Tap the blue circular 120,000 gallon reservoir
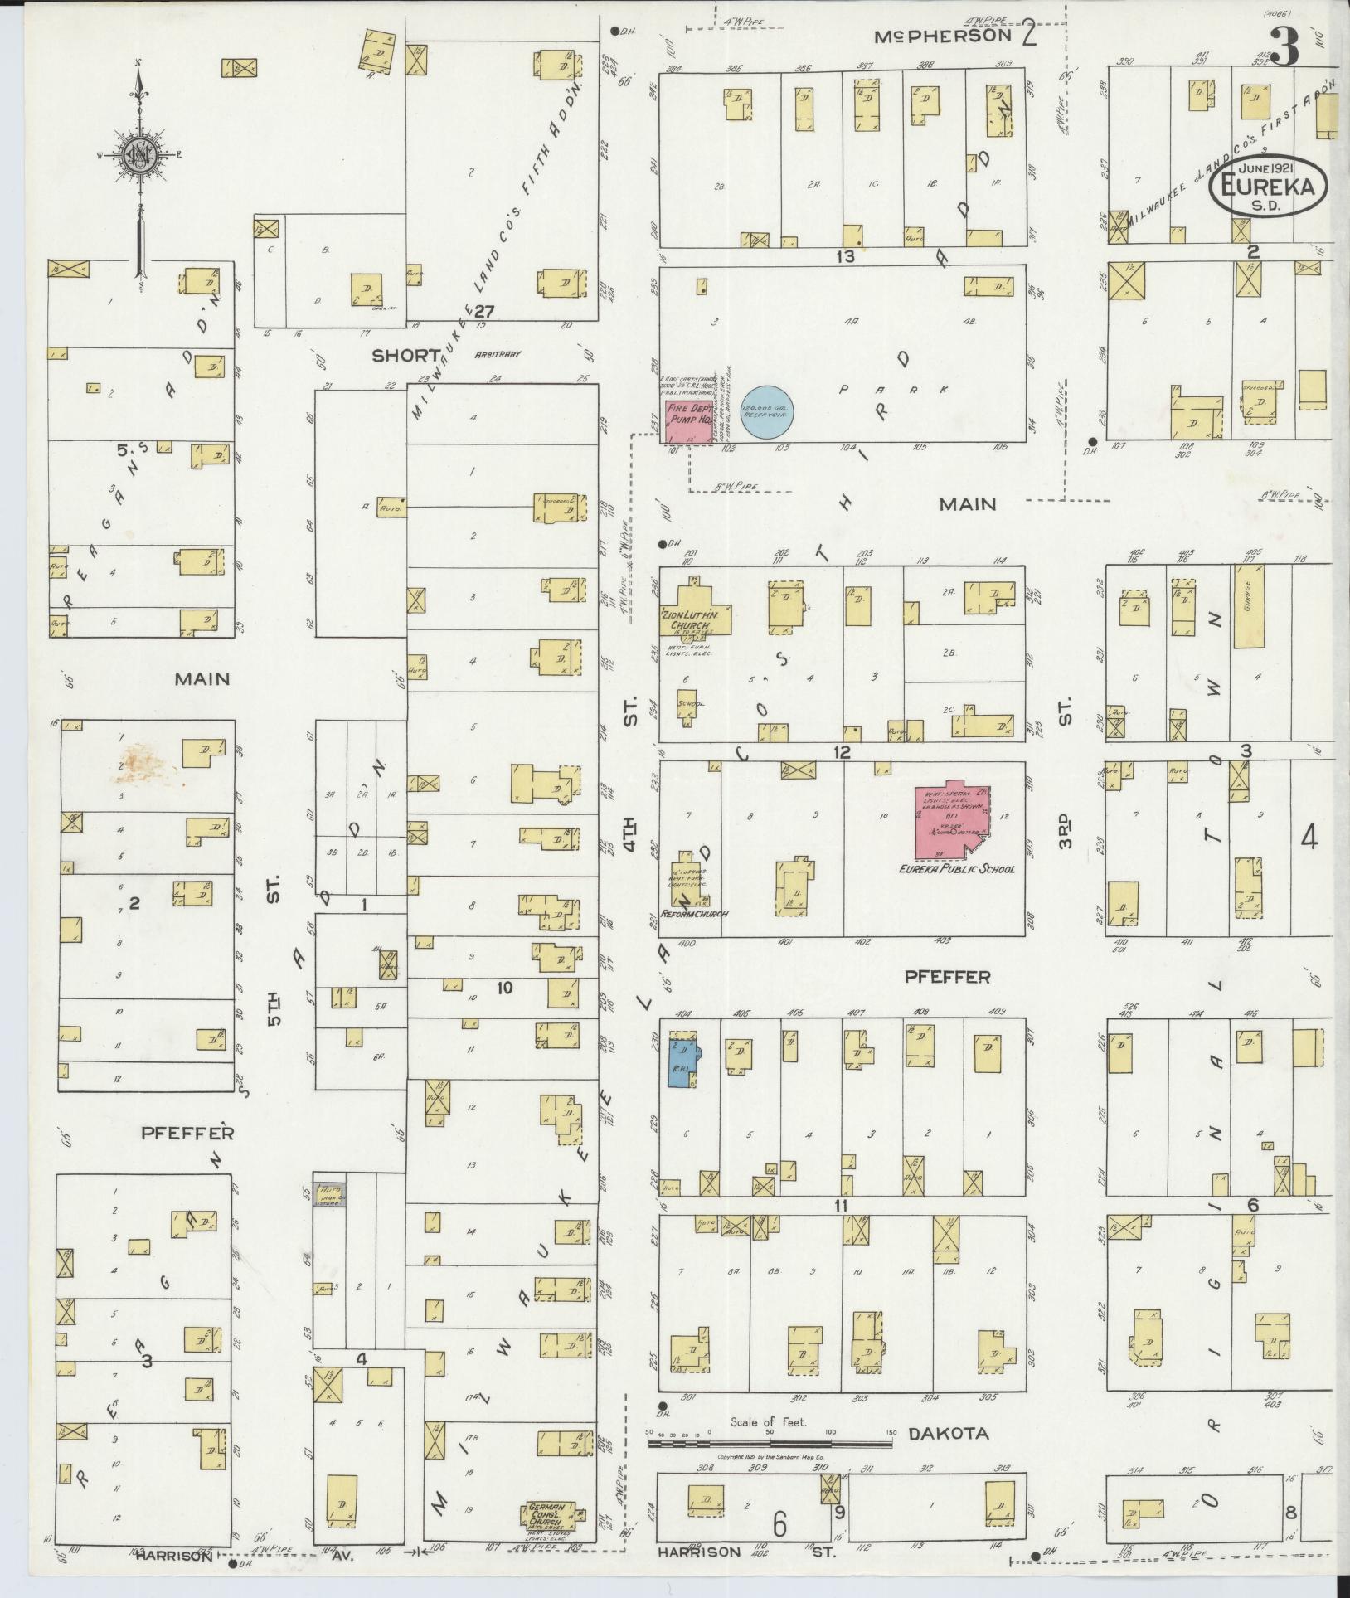(769, 410)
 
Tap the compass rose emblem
(138, 154)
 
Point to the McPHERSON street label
(945, 36)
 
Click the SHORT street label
(406, 355)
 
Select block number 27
(484, 312)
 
